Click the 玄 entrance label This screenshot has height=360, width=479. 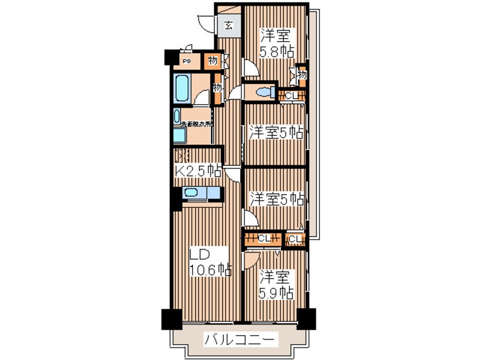(x=228, y=25)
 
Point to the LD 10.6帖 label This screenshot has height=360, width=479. (x=210, y=262)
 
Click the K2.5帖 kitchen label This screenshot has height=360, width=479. (x=197, y=170)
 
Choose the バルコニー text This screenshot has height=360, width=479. (x=241, y=340)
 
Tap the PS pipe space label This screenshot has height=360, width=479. (x=186, y=60)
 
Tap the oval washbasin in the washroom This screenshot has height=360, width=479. (x=177, y=115)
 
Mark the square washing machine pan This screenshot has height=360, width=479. (x=179, y=136)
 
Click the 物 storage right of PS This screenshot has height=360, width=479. (x=212, y=60)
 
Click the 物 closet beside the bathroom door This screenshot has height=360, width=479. (x=217, y=88)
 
